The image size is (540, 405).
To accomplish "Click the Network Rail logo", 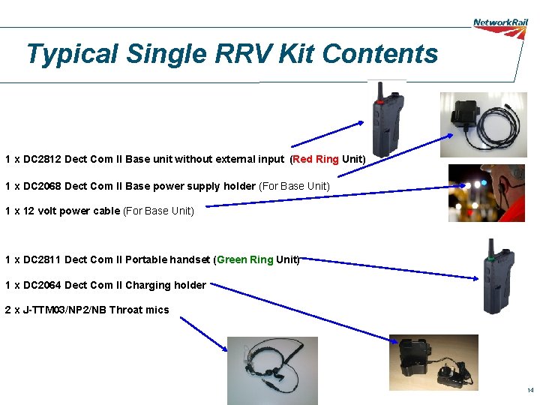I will [500, 22].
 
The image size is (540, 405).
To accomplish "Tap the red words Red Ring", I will [316, 159].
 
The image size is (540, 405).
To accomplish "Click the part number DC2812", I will [42, 159].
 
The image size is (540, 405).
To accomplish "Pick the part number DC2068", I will [42, 186].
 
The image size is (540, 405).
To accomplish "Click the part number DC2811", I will [42, 259].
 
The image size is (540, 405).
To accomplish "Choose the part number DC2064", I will [42, 285].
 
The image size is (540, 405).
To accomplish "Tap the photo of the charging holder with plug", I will [433, 362].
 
